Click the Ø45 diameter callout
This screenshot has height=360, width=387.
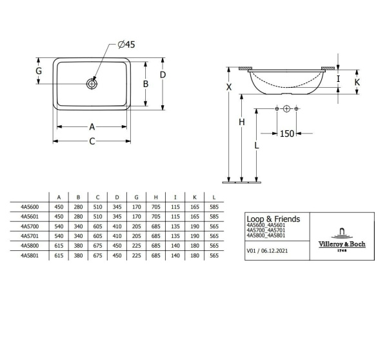pos(126,45)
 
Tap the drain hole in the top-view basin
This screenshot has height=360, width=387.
pos(92,84)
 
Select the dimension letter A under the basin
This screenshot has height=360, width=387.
pos(92,127)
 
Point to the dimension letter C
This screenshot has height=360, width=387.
pos(92,141)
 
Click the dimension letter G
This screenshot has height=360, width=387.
pos(39,71)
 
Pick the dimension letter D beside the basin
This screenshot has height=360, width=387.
pos(163,75)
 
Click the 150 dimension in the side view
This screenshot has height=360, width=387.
pos(287,134)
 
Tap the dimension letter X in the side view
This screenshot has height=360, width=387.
pos(229,87)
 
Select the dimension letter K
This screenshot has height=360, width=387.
pos(357,82)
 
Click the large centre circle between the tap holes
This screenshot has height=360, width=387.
pos(286,108)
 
